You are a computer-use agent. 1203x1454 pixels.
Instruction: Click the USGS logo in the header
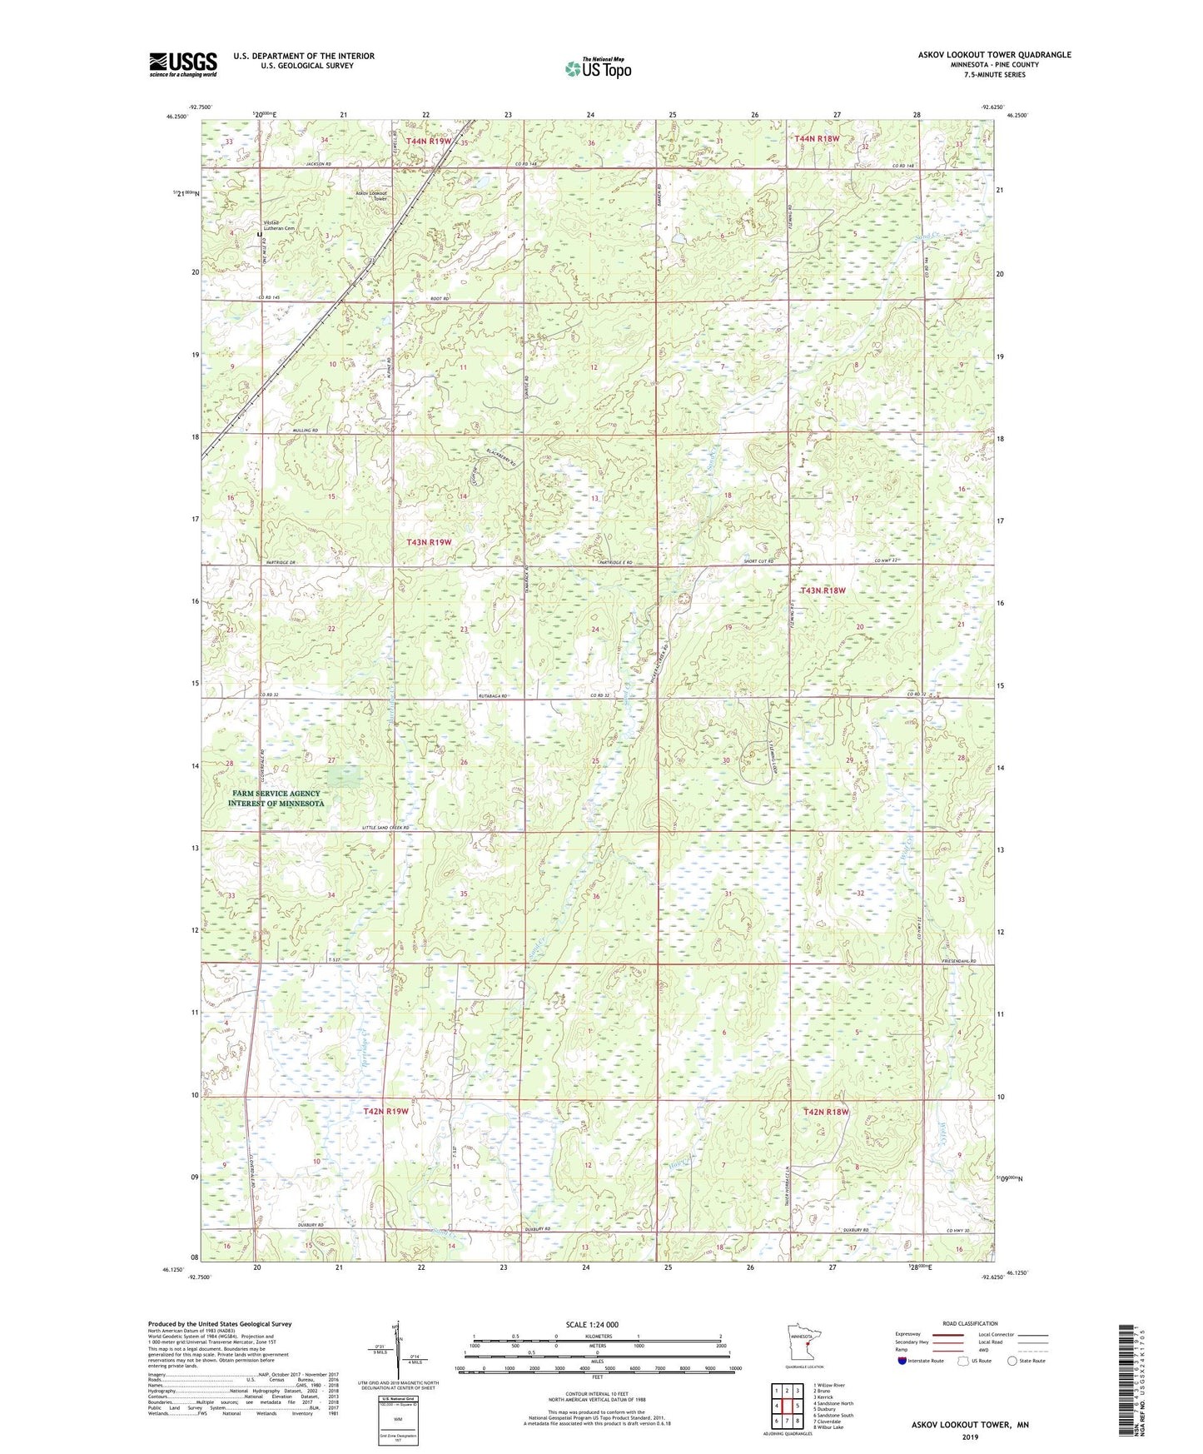click(183, 63)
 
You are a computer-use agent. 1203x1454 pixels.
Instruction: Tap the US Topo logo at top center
click(598, 68)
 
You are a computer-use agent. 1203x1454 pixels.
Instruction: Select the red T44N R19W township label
click(428, 141)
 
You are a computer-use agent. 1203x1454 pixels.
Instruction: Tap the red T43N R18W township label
click(822, 590)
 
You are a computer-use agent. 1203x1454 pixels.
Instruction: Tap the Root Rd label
click(440, 298)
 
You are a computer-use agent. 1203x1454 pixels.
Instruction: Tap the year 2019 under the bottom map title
click(969, 1437)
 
